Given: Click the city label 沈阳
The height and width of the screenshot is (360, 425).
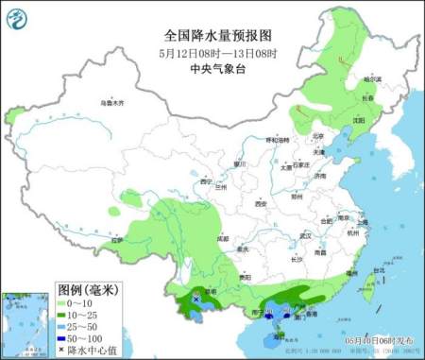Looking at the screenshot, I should pyautogui.click(x=358, y=121).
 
